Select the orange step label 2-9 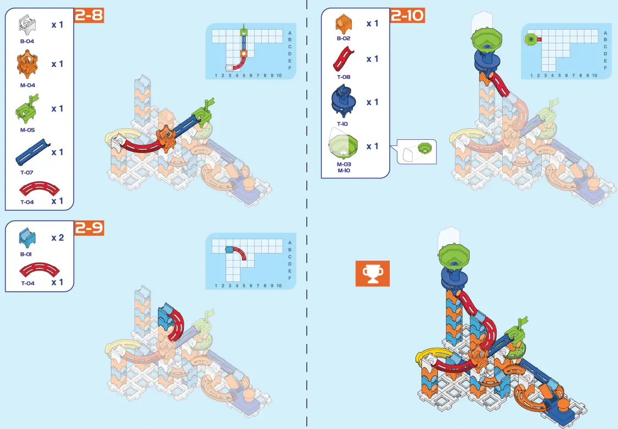click(x=88, y=228)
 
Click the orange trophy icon click(x=372, y=273)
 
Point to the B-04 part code click(x=27, y=41)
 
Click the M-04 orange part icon click(x=27, y=65)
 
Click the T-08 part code click(x=344, y=77)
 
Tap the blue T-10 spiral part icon click(x=343, y=102)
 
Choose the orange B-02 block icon click(x=344, y=24)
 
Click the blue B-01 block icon click(x=27, y=238)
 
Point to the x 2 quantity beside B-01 click(x=58, y=238)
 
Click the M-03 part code click(x=344, y=164)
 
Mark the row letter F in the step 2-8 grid click(x=290, y=68)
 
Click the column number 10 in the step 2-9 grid click(x=279, y=285)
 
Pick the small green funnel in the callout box click(x=424, y=148)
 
